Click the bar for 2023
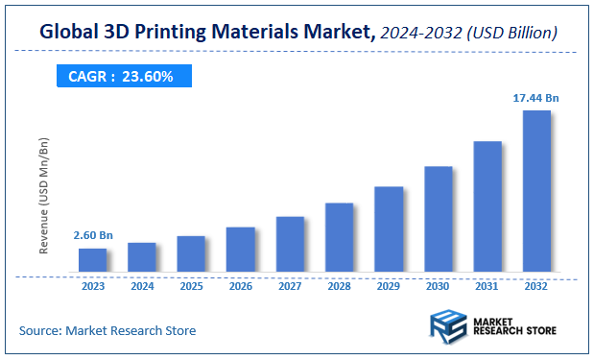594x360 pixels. click(x=93, y=259)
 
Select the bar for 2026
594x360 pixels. click(x=241, y=249)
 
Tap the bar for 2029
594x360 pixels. click(x=389, y=228)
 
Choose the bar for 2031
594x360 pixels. click(x=487, y=205)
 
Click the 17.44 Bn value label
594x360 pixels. click(x=536, y=98)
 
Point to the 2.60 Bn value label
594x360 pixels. click(x=93, y=235)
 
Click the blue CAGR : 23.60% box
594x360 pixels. click(x=121, y=76)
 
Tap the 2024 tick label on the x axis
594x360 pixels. click(x=142, y=285)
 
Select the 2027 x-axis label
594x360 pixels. click(x=290, y=285)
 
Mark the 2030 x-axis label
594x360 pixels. click(x=438, y=285)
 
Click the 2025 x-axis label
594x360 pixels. click(x=191, y=285)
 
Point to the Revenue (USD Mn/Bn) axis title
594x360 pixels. click(x=43, y=196)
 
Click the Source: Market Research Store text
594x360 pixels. click(x=107, y=330)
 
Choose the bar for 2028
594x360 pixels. click(x=340, y=237)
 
